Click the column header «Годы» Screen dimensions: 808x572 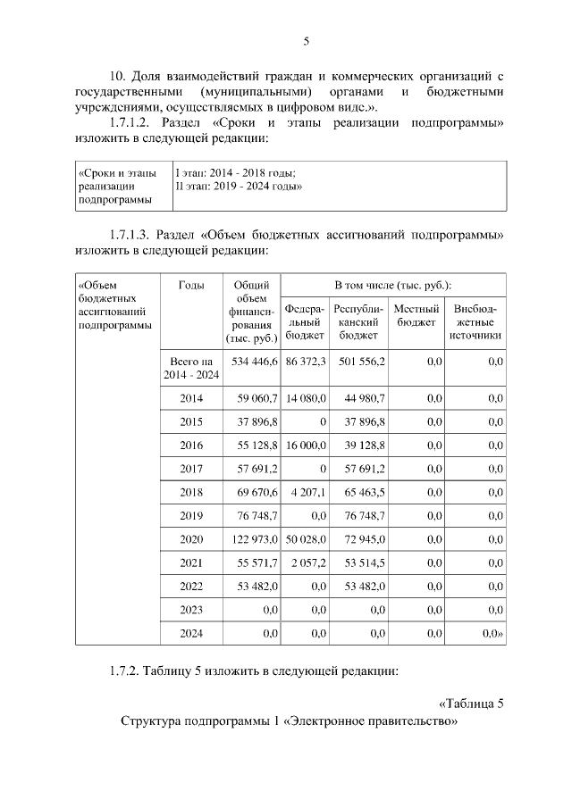coord(190,286)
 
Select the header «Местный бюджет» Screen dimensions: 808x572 coord(416,315)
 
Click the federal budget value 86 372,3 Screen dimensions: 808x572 coord(306,361)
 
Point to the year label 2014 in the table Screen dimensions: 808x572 coord(191,397)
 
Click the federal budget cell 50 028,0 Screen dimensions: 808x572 coord(306,539)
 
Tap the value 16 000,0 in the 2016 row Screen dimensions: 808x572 coord(306,445)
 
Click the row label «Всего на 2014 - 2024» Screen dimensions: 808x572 coord(190,368)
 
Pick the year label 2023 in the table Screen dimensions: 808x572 coord(191,610)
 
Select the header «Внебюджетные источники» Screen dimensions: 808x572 coord(476,322)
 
